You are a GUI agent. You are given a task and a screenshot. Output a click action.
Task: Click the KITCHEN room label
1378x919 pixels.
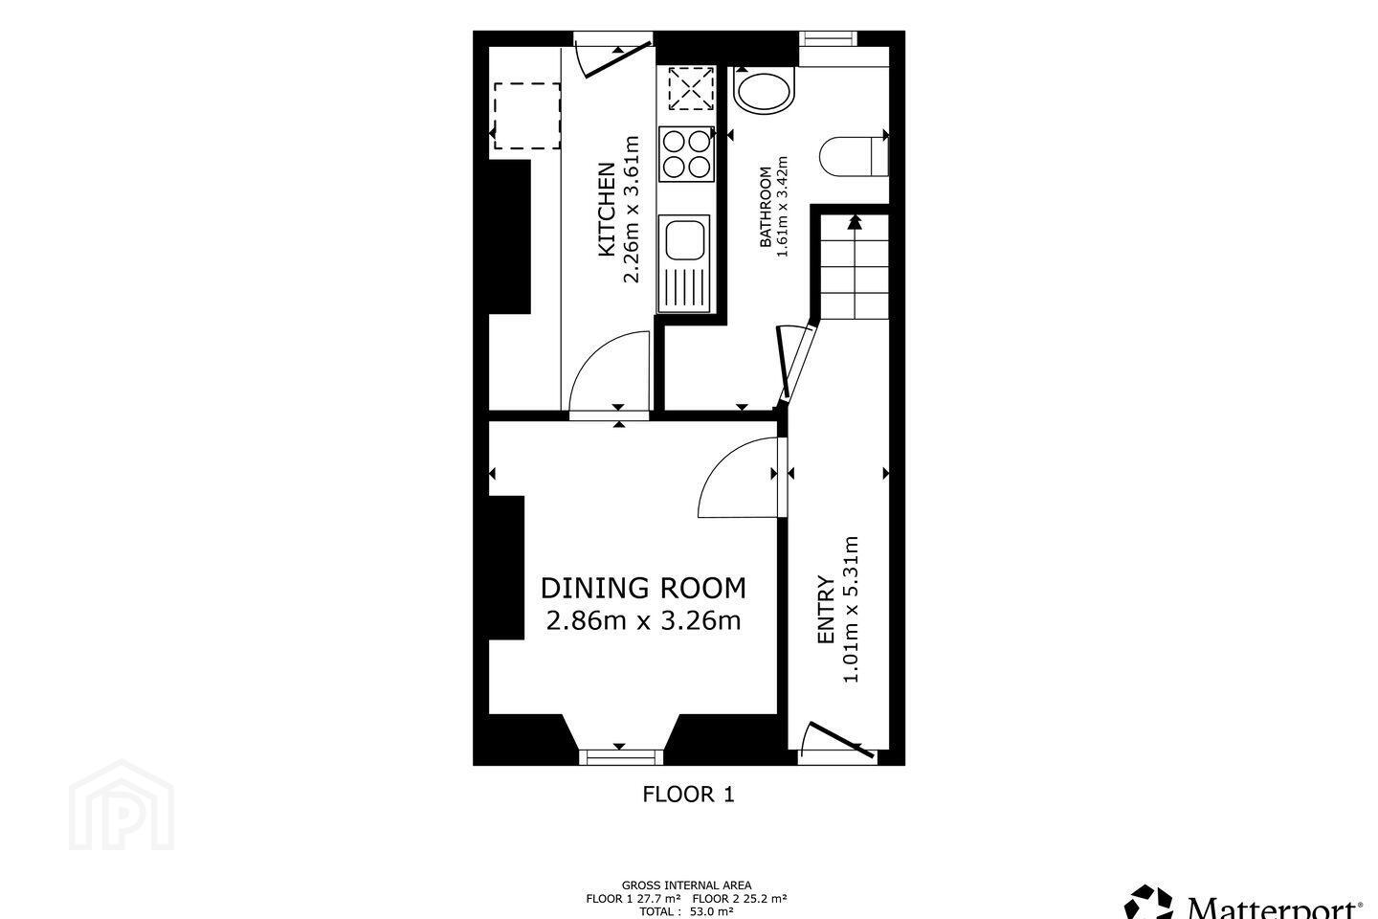tap(607, 210)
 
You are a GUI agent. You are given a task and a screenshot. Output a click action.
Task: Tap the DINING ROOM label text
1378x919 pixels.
tap(643, 588)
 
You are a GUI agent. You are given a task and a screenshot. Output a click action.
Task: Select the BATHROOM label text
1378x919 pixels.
tap(766, 207)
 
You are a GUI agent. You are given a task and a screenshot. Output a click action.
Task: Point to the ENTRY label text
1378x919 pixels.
tap(826, 610)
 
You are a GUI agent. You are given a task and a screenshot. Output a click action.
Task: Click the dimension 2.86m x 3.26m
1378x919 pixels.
tap(643, 620)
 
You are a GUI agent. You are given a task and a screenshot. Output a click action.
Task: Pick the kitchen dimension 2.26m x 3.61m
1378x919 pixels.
tap(632, 210)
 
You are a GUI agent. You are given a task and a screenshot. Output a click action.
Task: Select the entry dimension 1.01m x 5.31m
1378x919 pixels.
tap(851, 610)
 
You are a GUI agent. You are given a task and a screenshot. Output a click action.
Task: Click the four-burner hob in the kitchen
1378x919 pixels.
tap(686, 154)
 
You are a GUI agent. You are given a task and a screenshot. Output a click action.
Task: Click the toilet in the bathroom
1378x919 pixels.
tap(854, 156)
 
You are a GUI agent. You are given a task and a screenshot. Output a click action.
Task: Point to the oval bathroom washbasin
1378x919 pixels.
tap(763, 93)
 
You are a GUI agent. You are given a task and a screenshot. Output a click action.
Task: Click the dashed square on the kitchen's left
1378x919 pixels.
tap(527, 116)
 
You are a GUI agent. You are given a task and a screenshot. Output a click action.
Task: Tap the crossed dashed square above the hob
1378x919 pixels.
tap(692, 89)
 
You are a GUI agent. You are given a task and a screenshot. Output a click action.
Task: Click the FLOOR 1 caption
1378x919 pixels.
tap(688, 794)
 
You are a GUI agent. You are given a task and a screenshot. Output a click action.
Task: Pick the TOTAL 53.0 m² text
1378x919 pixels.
tap(686, 911)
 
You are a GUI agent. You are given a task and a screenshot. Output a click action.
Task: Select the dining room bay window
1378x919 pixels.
tap(621, 756)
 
